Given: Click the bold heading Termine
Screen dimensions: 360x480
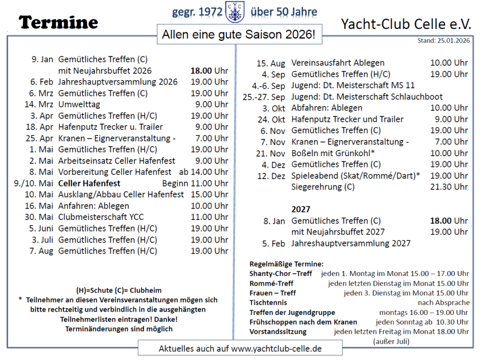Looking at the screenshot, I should tap(59, 22).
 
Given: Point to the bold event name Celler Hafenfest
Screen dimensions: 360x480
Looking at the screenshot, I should tap(89, 183).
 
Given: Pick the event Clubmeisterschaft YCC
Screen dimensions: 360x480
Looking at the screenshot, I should tap(101, 217).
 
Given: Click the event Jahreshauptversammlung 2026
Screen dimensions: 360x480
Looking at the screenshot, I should tap(118, 82).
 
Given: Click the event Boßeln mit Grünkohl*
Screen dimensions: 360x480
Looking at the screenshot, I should tap(333, 153).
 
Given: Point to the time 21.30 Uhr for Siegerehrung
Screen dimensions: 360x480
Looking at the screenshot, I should tap(449, 187).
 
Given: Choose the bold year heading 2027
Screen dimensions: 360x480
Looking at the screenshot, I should tap(301, 210).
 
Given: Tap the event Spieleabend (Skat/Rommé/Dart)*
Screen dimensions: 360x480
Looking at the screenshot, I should tap(355, 176).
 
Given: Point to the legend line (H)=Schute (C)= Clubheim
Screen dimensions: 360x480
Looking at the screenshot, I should tap(119, 290).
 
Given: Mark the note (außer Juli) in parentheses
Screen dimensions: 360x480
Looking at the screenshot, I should tap(391, 341).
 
